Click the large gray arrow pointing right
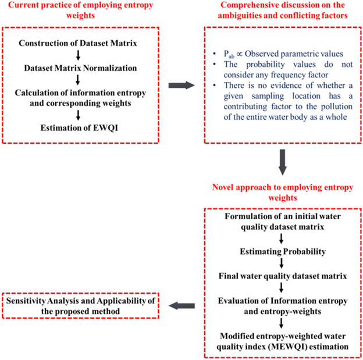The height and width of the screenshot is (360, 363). click(182, 85)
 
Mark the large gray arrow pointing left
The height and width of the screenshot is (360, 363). click(182, 303)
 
